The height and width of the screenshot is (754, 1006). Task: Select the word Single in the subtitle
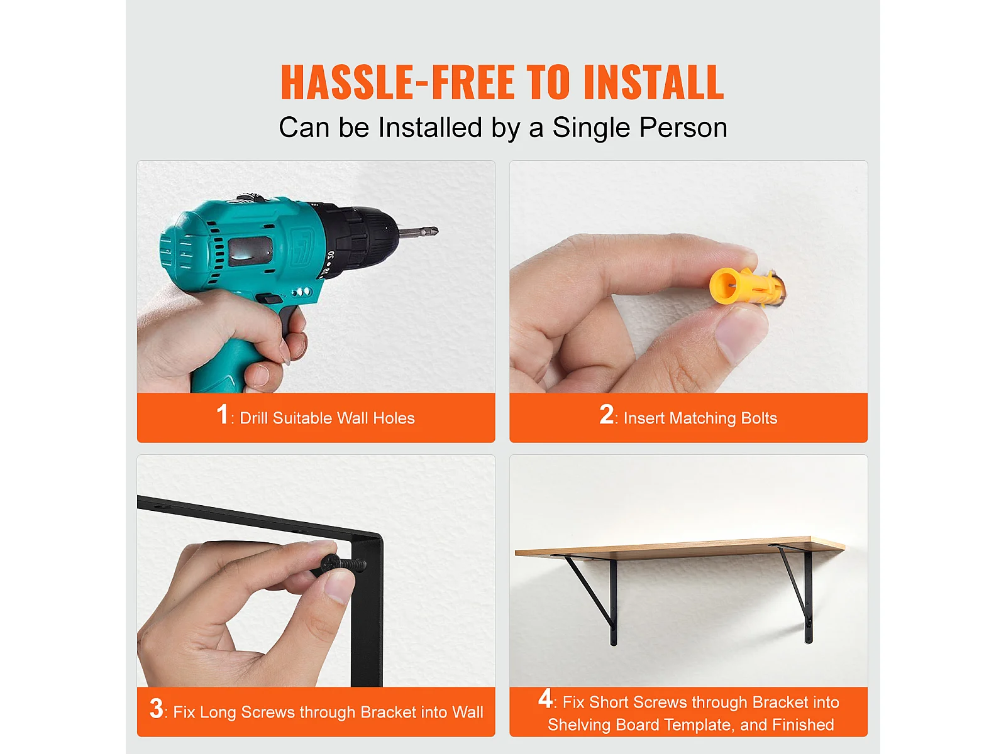591,128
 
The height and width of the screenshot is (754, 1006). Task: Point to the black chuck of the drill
362,238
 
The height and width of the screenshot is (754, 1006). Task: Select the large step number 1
223,414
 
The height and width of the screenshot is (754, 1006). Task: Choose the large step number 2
606,414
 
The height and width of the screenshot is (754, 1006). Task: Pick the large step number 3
156,708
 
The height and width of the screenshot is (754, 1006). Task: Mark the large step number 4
545,699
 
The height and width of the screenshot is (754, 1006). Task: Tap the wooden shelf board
679,548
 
